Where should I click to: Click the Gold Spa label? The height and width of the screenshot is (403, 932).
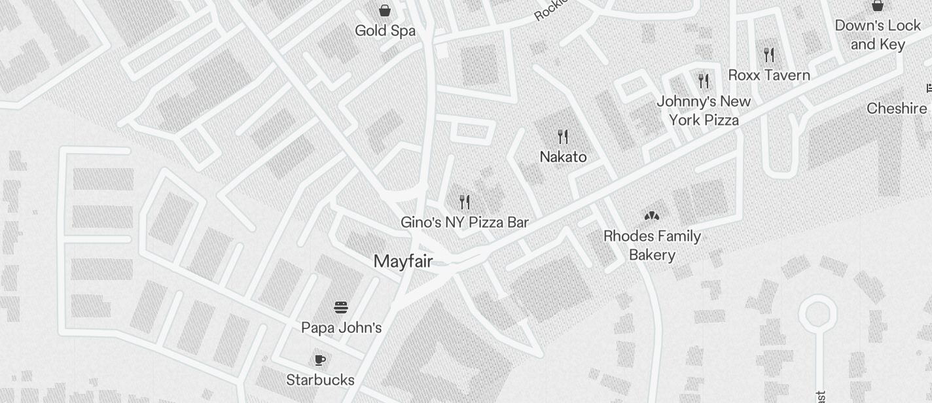click(x=385, y=31)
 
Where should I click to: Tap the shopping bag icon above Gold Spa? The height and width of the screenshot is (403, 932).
click(x=385, y=10)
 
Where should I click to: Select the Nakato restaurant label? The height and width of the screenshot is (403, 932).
click(x=563, y=157)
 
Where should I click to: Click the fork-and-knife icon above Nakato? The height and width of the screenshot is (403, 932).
click(x=563, y=136)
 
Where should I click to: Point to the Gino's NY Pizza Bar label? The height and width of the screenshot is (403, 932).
click(x=464, y=222)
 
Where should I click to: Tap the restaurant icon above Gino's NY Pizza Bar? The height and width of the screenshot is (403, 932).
click(x=465, y=201)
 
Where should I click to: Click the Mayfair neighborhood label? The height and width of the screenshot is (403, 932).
click(x=403, y=262)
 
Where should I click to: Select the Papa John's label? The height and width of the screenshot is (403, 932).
click(x=341, y=328)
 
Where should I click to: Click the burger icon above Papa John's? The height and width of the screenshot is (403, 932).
click(x=341, y=307)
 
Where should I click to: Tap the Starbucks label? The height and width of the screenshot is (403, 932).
click(x=321, y=380)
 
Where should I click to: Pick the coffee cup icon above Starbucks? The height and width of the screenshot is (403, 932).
click(x=320, y=360)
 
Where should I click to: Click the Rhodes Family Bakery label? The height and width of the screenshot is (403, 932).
click(x=652, y=245)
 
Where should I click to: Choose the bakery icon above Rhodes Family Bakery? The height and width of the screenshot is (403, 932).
click(x=652, y=215)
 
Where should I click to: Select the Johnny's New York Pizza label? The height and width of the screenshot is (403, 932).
click(x=704, y=111)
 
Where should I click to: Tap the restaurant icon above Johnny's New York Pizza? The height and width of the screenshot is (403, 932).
click(x=704, y=80)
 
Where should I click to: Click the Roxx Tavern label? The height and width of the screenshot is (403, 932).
click(x=769, y=75)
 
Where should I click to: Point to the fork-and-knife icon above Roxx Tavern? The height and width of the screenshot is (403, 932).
click(x=769, y=54)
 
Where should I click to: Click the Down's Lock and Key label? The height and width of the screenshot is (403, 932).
click(x=878, y=35)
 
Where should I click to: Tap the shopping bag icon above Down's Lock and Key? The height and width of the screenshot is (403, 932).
click(x=878, y=6)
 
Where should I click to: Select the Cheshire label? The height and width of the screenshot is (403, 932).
click(x=897, y=109)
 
